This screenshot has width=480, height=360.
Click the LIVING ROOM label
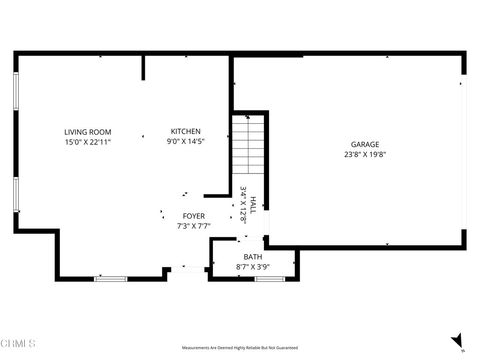pos(87,132)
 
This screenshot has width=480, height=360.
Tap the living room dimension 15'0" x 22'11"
pos(87,142)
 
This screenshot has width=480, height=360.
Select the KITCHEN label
pos(185,132)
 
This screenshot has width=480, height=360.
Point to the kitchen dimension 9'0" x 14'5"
pos(185,142)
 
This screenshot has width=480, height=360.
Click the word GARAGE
pos(364,144)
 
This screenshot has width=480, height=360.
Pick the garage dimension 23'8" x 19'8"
pos(364,154)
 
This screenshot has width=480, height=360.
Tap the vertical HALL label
pos(253,203)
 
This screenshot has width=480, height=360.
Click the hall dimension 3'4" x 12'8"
pos(243,203)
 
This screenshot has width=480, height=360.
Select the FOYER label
pos(194,216)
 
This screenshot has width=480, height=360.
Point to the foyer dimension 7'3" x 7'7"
pos(194,226)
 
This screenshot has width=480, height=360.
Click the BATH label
pos(252,257)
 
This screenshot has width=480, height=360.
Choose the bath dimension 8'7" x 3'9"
pos(252,267)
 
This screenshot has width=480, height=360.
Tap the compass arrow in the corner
pos(457,340)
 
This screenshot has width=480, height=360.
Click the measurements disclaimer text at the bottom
pos(240,347)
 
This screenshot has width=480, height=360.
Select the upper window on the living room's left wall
pos(16,101)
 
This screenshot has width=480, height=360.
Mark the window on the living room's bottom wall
pos(110,279)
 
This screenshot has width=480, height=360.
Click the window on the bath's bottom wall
pos(270,279)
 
